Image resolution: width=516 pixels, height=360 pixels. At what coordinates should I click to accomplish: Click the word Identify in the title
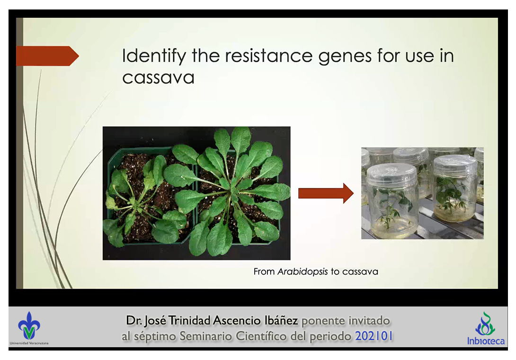[x=154, y=56]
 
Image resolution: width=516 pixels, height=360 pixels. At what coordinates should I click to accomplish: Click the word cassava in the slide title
[x=158, y=78]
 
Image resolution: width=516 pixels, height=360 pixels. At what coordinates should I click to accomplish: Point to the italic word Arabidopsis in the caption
[x=302, y=271]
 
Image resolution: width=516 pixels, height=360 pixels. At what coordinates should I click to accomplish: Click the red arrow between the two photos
[x=326, y=193]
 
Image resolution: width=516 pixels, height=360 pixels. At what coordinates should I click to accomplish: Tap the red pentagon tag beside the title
[x=47, y=56]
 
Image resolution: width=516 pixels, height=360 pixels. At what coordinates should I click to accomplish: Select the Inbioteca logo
[x=486, y=329]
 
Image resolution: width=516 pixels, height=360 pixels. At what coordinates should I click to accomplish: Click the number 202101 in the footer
[x=374, y=336]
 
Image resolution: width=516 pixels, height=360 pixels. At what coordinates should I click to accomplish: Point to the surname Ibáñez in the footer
[x=281, y=320]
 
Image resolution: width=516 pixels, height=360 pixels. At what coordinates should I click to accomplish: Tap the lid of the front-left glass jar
[x=391, y=175]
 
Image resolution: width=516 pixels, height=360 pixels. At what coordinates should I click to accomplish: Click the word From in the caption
[x=264, y=272]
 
